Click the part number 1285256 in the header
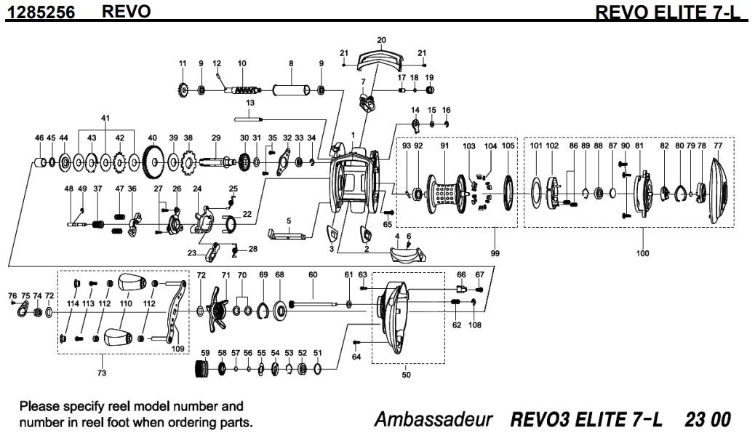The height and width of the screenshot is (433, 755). pos(37,12)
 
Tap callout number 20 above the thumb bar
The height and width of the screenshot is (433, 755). pos(382,39)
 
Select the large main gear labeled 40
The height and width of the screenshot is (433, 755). pos(153,159)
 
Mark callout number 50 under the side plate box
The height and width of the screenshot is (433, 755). pos(406,375)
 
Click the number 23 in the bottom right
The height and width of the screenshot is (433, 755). pos(694,420)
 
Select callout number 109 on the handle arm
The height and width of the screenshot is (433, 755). pos(177,349)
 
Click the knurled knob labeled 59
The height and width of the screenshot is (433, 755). pos(203,370)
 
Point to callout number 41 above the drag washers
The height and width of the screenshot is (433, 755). pos(105,118)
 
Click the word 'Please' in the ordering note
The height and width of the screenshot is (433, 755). pos(39,405)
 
